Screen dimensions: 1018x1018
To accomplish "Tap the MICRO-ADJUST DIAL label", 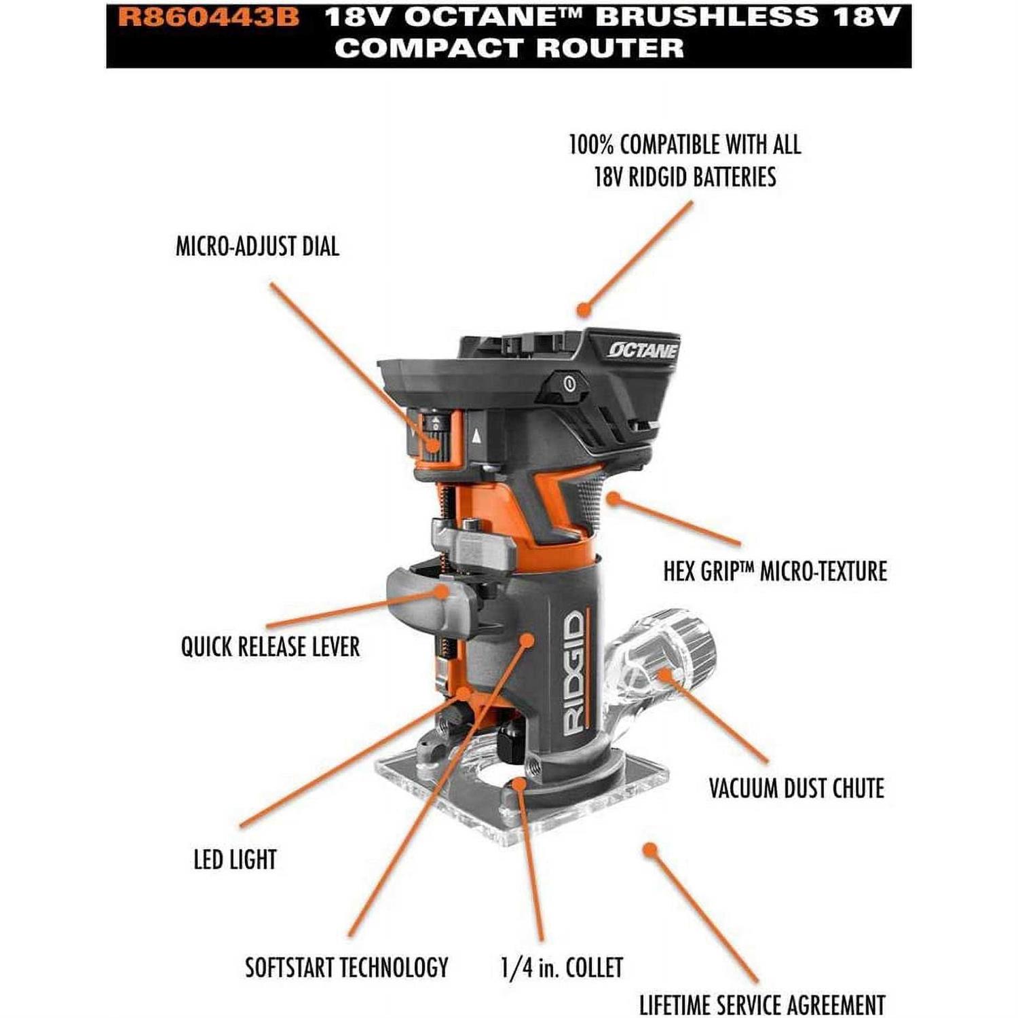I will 257,246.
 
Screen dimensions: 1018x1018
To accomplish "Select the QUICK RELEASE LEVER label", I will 270,647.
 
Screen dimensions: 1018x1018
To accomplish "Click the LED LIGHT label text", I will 235,859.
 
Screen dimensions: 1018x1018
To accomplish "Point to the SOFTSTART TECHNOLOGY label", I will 346,967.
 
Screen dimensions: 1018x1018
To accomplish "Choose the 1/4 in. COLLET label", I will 561,967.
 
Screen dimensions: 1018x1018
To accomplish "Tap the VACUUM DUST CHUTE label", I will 796,789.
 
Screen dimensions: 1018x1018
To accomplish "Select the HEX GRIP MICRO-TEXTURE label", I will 775,571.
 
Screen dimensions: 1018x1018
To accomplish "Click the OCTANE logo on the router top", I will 642,350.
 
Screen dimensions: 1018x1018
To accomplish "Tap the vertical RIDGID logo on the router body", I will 573,672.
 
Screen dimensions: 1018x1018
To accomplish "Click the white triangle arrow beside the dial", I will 477,436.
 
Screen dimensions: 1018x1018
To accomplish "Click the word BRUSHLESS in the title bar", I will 707,17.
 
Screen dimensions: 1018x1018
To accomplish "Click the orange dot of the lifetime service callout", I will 650,850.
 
